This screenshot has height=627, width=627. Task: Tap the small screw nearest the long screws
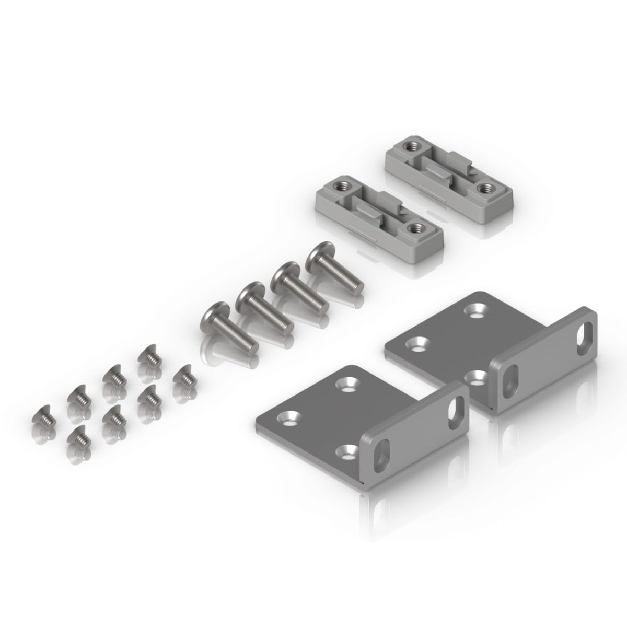pos(183,375)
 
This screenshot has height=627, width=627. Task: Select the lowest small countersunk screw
pos(77,434)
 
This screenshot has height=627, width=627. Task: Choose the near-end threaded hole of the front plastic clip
pos(416,227)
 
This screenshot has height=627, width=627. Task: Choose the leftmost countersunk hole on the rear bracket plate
pos(416,344)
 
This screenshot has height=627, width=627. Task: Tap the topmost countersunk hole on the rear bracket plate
pos(477,311)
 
